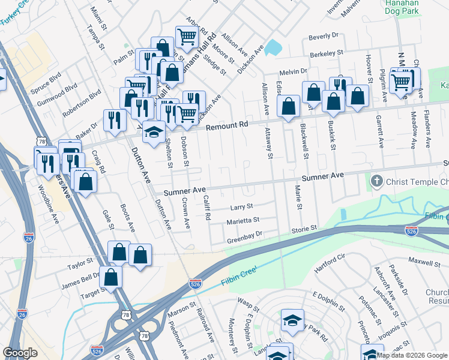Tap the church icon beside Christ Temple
(376, 180)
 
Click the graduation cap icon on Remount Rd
(154, 131)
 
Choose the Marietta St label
(243, 221)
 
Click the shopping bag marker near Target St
(111, 277)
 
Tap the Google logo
(20, 353)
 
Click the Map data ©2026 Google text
(412, 355)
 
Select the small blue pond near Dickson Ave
(273, 47)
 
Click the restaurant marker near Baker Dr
(112, 120)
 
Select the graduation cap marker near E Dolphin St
(292, 320)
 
